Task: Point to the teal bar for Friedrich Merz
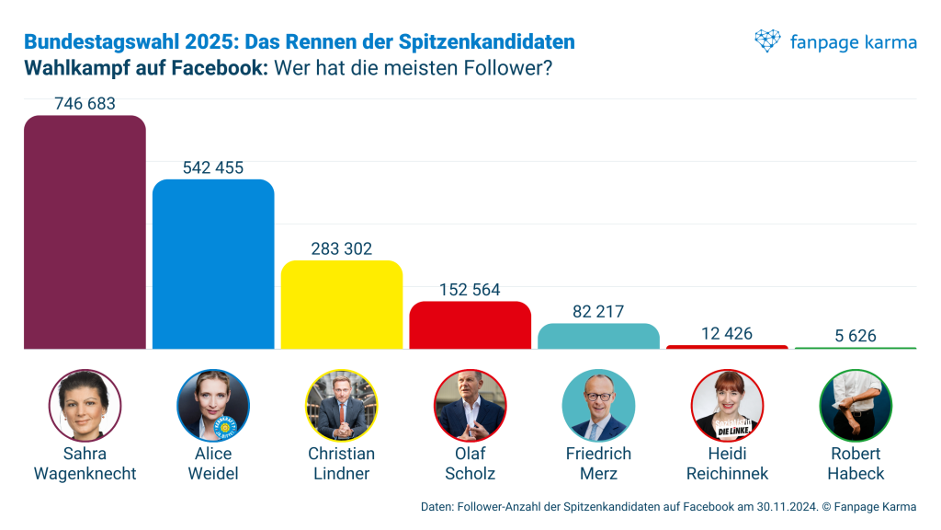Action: tap(598, 336)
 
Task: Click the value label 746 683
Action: tap(85, 104)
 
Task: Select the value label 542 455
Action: tap(213, 167)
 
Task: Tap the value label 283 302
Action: tap(342, 249)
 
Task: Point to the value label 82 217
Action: tap(598, 312)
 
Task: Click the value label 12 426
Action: tap(727, 333)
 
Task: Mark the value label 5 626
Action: tap(856, 336)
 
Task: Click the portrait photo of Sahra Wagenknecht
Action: tap(85, 406)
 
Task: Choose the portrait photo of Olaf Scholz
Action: tap(470, 406)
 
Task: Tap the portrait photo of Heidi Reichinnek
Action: tap(727, 406)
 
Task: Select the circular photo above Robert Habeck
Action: tap(856, 406)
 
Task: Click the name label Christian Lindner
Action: tap(342, 464)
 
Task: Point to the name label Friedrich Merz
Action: tap(598, 464)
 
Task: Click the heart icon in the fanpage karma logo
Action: tap(767, 41)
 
